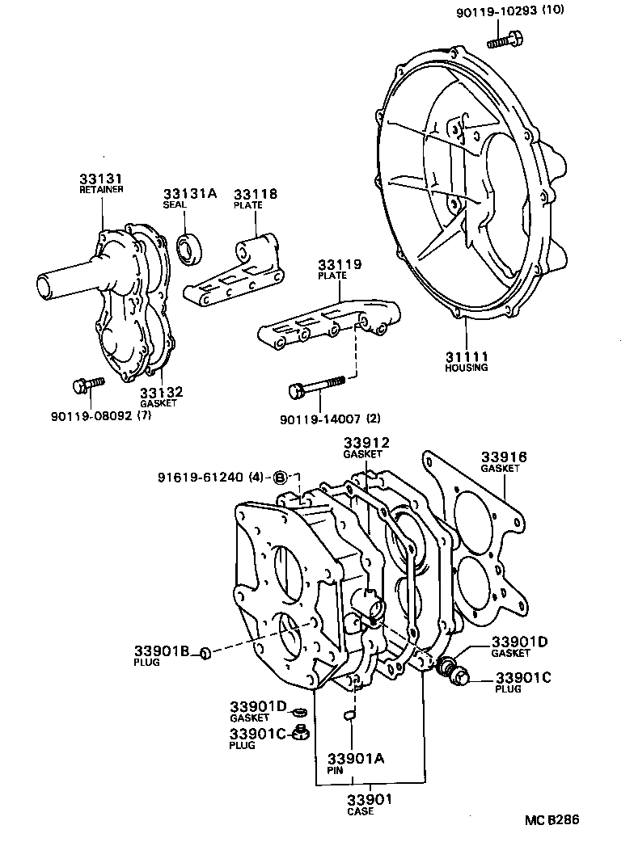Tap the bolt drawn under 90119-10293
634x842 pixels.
coord(505,37)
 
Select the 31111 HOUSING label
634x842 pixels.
coord(467,360)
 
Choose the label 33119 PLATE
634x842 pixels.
coord(339,269)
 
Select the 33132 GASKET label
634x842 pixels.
coord(162,396)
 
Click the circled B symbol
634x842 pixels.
coord(280,477)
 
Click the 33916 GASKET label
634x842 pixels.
coord(504,461)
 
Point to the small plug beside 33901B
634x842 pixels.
coord(205,652)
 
